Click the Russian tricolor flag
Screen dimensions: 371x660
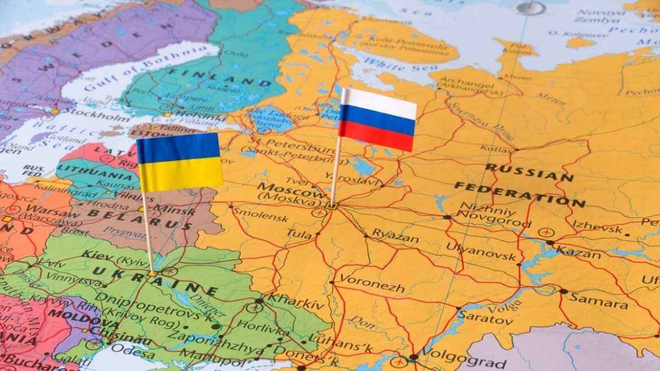click(377, 120)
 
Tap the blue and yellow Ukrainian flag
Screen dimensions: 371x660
click(179, 162)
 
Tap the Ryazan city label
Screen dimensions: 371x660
click(395, 236)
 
